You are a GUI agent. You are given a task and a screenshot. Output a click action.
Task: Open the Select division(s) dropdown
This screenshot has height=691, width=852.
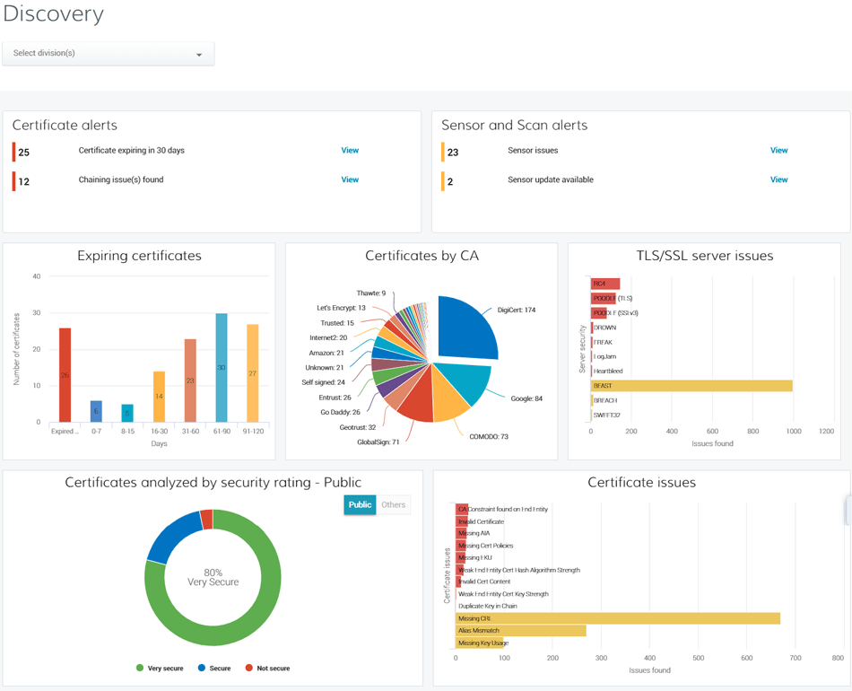(108, 54)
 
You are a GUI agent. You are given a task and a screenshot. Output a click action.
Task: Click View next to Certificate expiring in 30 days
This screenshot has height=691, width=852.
(350, 151)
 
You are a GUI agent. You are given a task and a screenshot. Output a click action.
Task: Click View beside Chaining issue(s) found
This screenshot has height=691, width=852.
(350, 179)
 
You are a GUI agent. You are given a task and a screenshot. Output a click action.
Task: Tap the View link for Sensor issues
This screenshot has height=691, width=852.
(778, 151)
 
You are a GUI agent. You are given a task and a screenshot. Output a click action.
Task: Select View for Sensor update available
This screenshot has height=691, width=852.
(778, 179)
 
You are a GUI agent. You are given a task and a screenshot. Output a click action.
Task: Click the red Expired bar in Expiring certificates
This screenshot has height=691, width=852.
(65, 374)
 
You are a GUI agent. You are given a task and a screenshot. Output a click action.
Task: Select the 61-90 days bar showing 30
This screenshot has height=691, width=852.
(222, 368)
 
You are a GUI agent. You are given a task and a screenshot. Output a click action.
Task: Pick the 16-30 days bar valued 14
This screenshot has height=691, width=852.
(159, 397)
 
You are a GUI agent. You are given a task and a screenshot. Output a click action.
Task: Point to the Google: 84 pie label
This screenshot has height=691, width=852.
(526, 398)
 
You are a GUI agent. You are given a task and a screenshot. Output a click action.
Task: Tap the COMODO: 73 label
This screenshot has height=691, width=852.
(489, 437)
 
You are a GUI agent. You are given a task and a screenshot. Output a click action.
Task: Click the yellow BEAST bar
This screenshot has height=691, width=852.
(691, 386)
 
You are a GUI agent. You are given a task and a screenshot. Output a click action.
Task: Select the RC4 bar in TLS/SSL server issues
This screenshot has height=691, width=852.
(605, 284)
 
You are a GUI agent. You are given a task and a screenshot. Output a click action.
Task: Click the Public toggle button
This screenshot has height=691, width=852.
(360, 504)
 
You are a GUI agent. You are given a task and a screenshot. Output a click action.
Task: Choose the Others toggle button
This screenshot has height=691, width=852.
(393, 504)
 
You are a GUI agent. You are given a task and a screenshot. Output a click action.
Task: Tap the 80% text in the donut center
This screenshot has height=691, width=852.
(213, 573)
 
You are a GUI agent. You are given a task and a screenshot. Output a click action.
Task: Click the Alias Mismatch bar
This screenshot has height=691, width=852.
(520, 631)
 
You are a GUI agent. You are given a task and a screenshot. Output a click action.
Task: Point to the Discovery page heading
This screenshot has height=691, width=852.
(53, 13)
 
